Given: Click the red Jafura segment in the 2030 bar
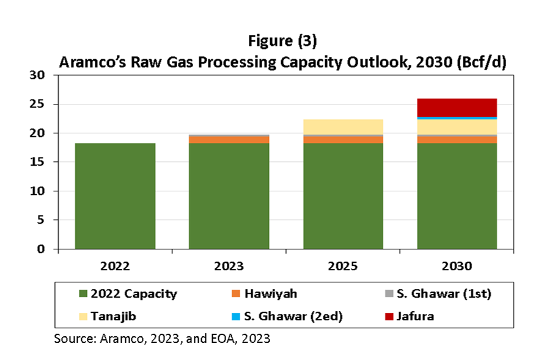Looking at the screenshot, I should click(x=457, y=107).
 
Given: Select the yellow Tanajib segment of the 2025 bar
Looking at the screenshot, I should click(x=343, y=127).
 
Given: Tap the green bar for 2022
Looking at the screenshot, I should click(x=115, y=196).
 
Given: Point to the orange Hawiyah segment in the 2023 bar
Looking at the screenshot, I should click(x=229, y=140).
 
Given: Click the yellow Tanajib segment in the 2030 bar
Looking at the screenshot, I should click(x=457, y=127).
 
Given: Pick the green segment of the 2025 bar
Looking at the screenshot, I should click(x=343, y=196).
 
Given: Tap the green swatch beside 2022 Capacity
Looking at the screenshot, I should click(x=83, y=294).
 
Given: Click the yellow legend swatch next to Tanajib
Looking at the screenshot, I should click(x=83, y=317).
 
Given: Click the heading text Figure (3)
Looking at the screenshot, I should click(x=282, y=42).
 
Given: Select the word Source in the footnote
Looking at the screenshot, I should click(x=72, y=338).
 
